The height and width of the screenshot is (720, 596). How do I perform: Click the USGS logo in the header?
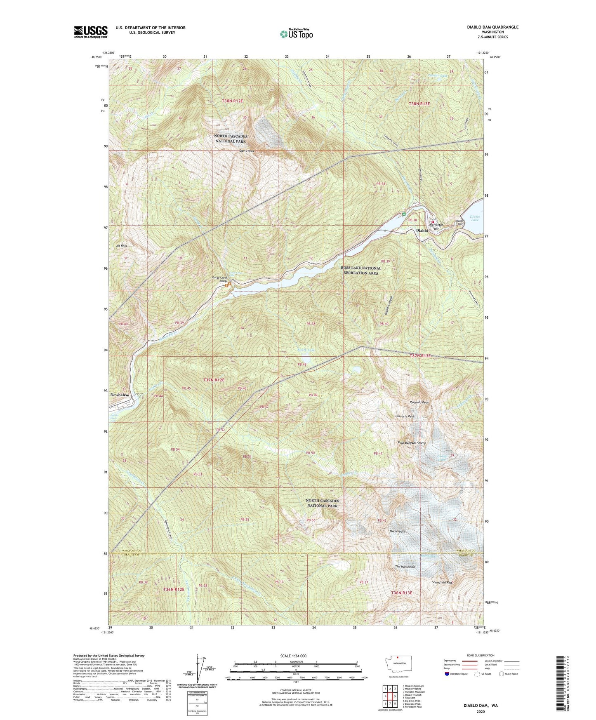pyautogui.click(x=91, y=32)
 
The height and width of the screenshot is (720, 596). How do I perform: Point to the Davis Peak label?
pyautogui.click(x=247, y=151)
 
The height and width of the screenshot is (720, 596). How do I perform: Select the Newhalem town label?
pyautogui.click(x=120, y=395)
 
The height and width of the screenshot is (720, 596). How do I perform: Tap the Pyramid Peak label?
pyautogui.click(x=419, y=402)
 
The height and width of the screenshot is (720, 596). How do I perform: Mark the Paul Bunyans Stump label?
pyautogui.click(x=412, y=443)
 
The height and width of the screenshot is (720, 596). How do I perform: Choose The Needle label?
pyautogui.click(x=397, y=531)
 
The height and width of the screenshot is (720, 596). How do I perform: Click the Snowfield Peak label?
pyautogui.click(x=443, y=582)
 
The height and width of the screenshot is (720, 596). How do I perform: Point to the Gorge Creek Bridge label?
pyautogui.click(x=220, y=279)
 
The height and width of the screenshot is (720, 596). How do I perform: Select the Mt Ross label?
pyautogui.click(x=121, y=245)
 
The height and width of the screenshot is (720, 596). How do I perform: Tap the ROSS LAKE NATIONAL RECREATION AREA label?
pyautogui.click(x=361, y=271)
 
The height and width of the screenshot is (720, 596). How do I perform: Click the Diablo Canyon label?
pyautogui.click(x=387, y=306)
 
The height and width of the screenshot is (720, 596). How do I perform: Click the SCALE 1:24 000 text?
pyautogui.click(x=293, y=656)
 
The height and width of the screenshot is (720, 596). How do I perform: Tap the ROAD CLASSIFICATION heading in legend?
pyautogui.click(x=481, y=655)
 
